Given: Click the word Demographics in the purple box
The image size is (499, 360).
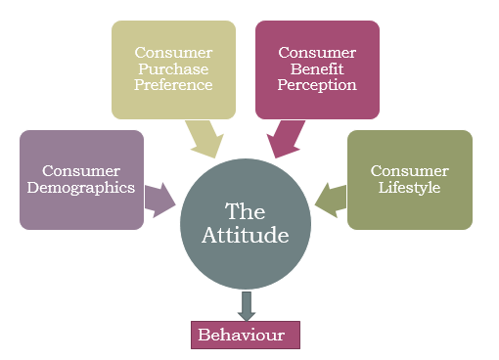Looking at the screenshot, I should pyautogui.click(x=81, y=189).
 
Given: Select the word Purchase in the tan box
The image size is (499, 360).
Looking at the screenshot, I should pyautogui.click(x=174, y=67).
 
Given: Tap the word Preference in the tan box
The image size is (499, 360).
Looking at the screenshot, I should pyautogui.click(x=174, y=84).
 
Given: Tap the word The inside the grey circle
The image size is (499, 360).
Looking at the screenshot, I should pyautogui.click(x=245, y=210).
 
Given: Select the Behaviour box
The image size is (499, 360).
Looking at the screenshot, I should pyautogui.click(x=246, y=335).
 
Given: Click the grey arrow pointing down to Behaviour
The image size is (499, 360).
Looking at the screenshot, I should pyautogui.click(x=246, y=304).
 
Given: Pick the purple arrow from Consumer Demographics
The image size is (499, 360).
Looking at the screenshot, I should pyautogui.click(x=158, y=198).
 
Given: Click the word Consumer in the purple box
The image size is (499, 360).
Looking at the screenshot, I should pyautogui.click(x=81, y=171).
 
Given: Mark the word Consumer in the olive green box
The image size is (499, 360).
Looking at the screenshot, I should pyautogui.click(x=410, y=171).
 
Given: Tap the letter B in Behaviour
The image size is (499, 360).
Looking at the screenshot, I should pyautogui.click(x=204, y=335).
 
